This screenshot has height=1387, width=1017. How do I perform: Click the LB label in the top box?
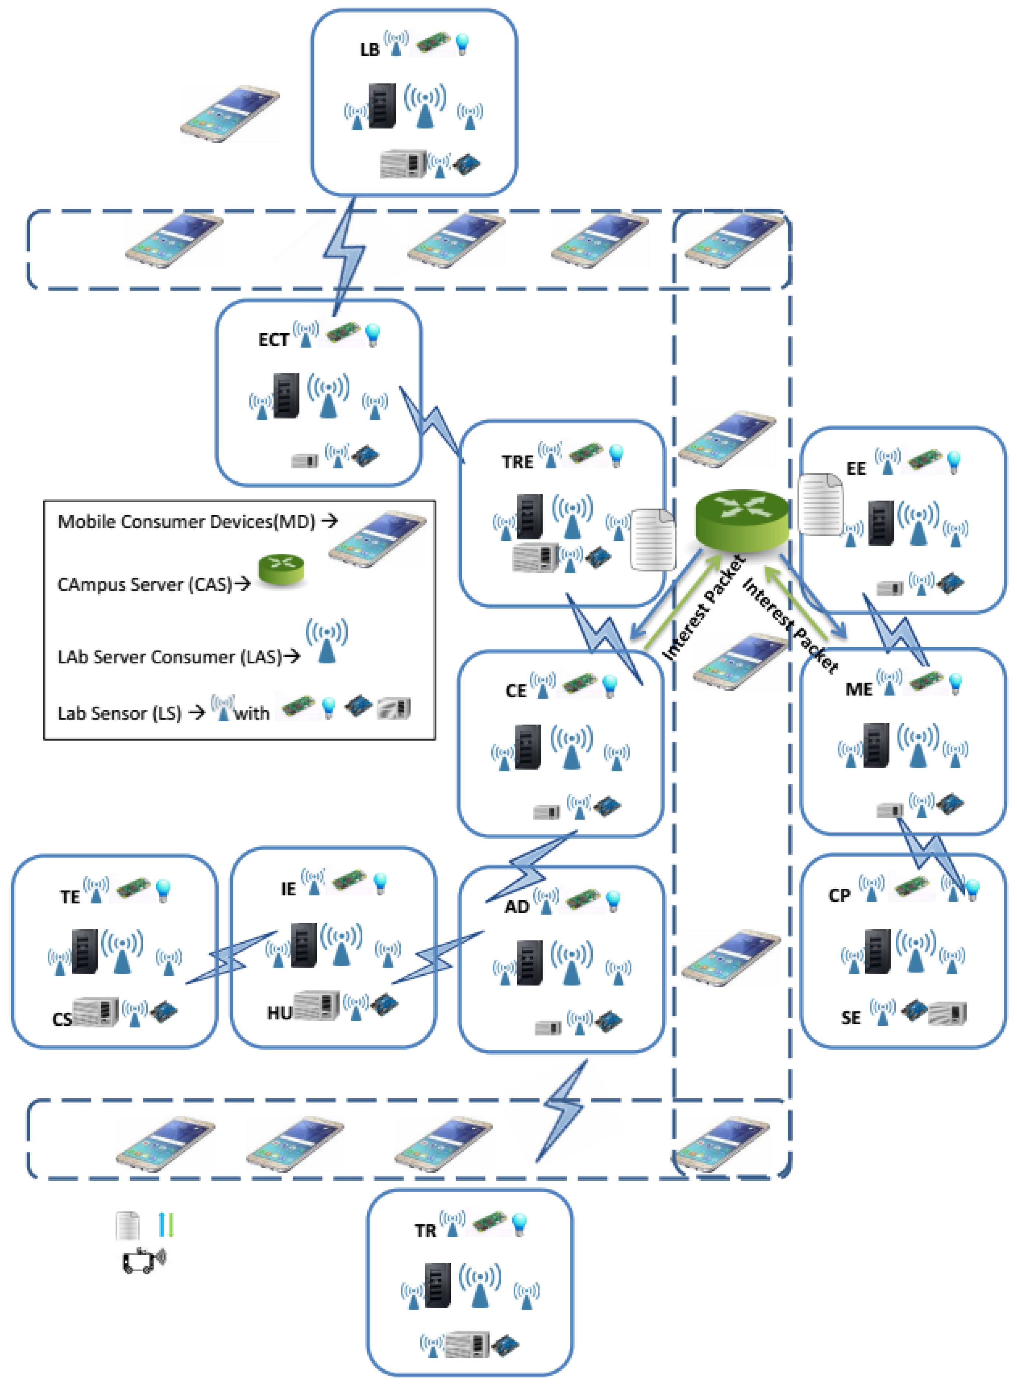369,50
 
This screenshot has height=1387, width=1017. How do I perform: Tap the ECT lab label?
273,340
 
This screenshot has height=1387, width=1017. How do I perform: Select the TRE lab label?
517,462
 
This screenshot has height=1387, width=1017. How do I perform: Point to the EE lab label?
856,469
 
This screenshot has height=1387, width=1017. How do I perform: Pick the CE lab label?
516,691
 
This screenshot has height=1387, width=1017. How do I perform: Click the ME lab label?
858,689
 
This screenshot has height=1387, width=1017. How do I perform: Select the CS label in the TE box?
62,1020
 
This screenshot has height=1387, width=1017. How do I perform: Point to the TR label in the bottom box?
425,1231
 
